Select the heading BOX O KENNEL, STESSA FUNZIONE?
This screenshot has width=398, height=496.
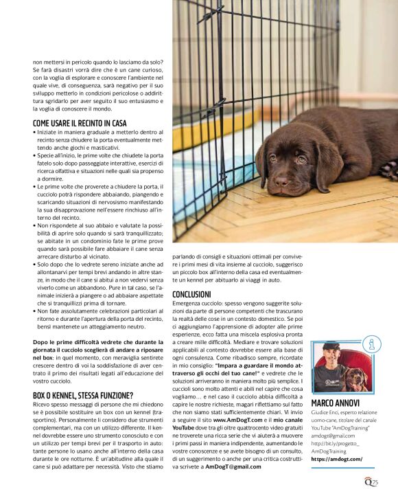coord(83,395)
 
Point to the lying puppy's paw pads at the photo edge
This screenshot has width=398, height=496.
coord(389,168)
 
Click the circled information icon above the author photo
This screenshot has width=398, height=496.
coord(371,344)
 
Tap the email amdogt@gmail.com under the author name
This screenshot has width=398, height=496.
coord(333,435)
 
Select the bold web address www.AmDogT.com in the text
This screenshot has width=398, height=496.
coord(237,418)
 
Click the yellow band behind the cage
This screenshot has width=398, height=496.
coord(192,131)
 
